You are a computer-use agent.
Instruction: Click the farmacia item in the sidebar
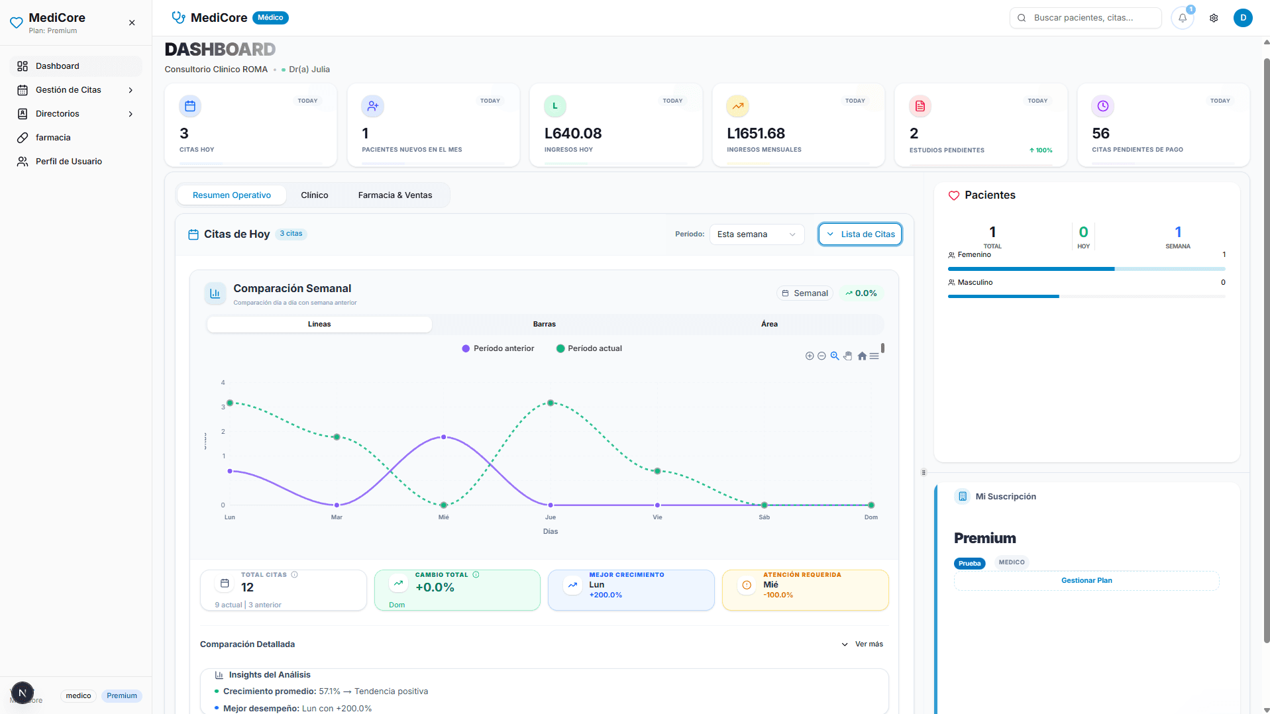click(53, 138)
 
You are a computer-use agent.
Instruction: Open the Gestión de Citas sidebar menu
click(68, 90)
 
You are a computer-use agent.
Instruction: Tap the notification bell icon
click(1182, 18)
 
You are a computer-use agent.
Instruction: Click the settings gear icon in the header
click(1213, 18)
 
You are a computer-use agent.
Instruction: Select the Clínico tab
click(314, 195)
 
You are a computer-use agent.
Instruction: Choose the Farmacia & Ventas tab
click(395, 195)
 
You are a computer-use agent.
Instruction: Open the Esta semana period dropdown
click(756, 234)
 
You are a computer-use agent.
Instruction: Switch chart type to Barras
click(544, 325)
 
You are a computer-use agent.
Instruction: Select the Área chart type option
click(768, 325)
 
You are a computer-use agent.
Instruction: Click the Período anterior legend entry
click(498, 348)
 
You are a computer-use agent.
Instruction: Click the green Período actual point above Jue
click(551, 403)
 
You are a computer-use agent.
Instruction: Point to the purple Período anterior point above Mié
click(443, 437)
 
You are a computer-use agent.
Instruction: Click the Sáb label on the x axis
click(764, 517)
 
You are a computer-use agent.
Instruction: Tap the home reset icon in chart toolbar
click(861, 356)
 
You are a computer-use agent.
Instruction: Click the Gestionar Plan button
click(1086, 581)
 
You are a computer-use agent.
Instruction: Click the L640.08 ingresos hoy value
click(572, 134)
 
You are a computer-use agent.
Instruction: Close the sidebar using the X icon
click(132, 23)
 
